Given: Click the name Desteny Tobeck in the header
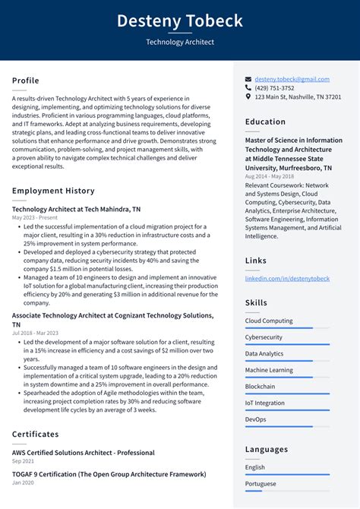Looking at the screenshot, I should point(180,21).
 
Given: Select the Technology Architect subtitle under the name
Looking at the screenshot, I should point(180,43).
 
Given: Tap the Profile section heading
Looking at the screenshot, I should point(26,81).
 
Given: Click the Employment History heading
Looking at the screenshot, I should point(53,191).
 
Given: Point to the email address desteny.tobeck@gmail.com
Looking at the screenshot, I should point(292,79).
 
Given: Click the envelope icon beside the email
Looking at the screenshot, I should point(248,79).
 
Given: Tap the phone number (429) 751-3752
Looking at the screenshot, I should point(274,88).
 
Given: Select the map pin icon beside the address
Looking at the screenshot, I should point(248,97).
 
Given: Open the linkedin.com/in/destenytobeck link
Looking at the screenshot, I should point(287,279).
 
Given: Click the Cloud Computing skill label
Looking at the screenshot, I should point(269,321).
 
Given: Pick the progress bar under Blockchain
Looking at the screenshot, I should point(287,394).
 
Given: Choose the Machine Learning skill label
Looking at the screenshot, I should point(270,370).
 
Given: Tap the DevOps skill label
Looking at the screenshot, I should point(256,419).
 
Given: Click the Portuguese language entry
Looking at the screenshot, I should point(261,484).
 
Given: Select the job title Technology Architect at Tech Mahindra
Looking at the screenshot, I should point(76,209).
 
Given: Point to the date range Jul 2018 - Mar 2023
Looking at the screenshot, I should point(35,333).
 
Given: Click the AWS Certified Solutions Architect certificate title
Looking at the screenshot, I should point(84,453).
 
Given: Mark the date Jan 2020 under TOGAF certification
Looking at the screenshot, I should point(23,483).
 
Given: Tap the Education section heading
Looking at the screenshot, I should point(266,122).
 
